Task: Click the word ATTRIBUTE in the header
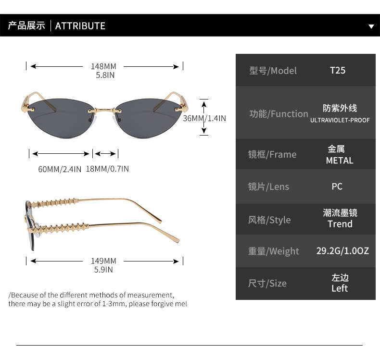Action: click(x=80, y=26)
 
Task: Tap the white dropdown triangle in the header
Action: click(x=371, y=26)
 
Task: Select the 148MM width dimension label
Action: click(x=103, y=66)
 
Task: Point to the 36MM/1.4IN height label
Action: click(x=204, y=118)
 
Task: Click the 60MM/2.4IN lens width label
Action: click(x=60, y=169)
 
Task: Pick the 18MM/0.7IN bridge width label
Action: click(x=107, y=169)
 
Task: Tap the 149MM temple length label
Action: click(x=103, y=261)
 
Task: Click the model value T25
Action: click(x=337, y=70)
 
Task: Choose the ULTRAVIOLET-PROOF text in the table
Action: click(x=340, y=120)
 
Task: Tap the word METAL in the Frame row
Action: click(x=340, y=161)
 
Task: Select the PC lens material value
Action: click(x=337, y=186)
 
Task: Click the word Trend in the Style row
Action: click(x=340, y=224)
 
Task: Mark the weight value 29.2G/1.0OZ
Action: click(x=342, y=250)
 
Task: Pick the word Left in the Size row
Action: click(x=340, y=288)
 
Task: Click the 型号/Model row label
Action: click(x=273, y=71)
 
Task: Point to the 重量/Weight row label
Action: click(x=273, y=251)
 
